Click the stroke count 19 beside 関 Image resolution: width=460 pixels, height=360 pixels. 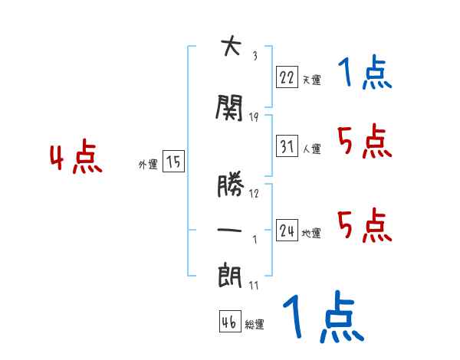click(254, 116)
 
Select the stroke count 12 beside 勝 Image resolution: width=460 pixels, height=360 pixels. click(254, 193)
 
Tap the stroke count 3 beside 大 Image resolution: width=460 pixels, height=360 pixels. click(254, 55)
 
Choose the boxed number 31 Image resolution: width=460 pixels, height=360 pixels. click(287, 146)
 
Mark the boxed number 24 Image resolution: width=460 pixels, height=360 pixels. click(287, 231)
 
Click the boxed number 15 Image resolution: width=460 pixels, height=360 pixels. click(173, 162)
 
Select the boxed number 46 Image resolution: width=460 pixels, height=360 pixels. click(229, 322)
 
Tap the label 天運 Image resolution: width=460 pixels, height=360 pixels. click(311, 79)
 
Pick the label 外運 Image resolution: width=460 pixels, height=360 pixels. click(147, 165)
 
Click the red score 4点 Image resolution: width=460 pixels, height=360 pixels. click(75, 159)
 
